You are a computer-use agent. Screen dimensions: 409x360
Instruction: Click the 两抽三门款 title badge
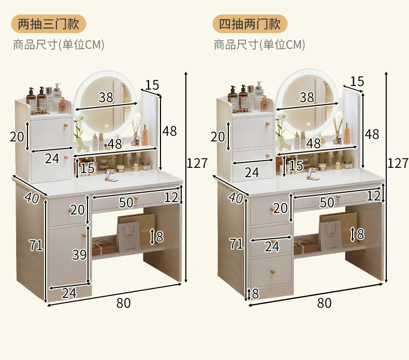tap(49, 24)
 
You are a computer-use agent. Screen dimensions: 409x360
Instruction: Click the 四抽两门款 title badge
tap(250, 24)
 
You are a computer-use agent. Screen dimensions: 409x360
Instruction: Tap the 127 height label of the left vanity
tap(197, 163)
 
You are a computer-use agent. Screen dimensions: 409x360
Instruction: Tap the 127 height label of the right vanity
tap(398, 163)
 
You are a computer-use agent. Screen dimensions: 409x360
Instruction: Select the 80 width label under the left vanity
tap(123, 303)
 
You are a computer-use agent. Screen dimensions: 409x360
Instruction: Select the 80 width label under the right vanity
tap(325, 303)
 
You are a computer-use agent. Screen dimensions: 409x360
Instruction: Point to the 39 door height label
tap(79, 254)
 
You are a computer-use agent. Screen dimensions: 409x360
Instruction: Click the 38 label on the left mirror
tap(106, 97)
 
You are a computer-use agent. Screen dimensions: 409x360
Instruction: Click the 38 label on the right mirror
tap(306, 97)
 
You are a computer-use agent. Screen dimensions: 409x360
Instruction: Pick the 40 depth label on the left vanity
tap(32, 198)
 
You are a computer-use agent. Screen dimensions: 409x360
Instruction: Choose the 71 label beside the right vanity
tap(236, 244)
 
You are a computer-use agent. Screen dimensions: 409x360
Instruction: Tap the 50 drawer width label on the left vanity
tap(126, 203)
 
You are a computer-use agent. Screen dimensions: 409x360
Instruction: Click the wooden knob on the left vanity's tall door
tap(84, 235)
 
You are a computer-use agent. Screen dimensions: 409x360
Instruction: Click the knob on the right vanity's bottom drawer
tap(273, 272)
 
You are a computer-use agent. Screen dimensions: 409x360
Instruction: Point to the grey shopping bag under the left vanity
tap(128, 237)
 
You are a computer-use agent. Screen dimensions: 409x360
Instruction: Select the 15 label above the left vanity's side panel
tap(152, 85)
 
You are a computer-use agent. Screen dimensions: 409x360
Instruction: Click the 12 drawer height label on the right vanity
tap(373, 196)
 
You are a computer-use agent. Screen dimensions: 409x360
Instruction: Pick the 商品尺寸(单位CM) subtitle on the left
tap(59, 45)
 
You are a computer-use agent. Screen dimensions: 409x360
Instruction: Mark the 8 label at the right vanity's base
tap(255, 293)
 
